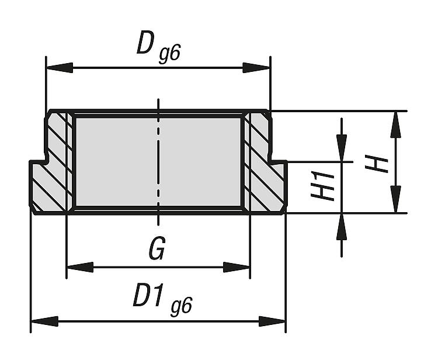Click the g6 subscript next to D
(168, 54)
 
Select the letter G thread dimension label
(156, 250)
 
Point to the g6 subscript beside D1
(181, 306)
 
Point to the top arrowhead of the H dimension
(395, 123)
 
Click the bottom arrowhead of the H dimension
(395, 200)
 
